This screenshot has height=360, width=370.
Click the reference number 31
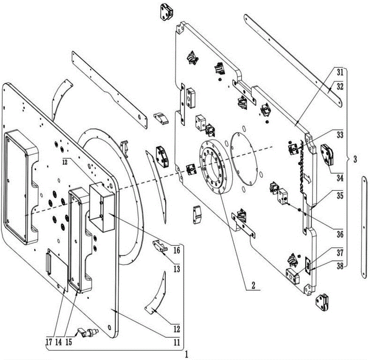click(x=340, y=72)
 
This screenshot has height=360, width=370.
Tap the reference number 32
click(x=340, y=86)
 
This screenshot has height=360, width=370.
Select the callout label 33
click(x=340, y=135)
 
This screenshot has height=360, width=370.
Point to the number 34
click(x=340, y=178)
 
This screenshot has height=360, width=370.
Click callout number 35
click(x=340, y=196)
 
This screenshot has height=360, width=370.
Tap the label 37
click(x=340, y=253)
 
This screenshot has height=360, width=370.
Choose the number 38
click(x=340, y=266)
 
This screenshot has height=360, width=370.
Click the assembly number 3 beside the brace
click(x=355, y=159)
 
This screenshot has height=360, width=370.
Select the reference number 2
click(x=253, y=285)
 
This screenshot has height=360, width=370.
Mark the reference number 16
click(x=177, y=250)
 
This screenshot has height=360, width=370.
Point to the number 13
click(x=177, y=269)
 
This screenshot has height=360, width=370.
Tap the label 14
click(x=58, y=342)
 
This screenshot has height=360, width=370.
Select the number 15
click(x=68, y=342)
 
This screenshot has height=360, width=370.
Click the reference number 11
click(x=177, y=342)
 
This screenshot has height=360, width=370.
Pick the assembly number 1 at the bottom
click(x=186, y=354)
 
